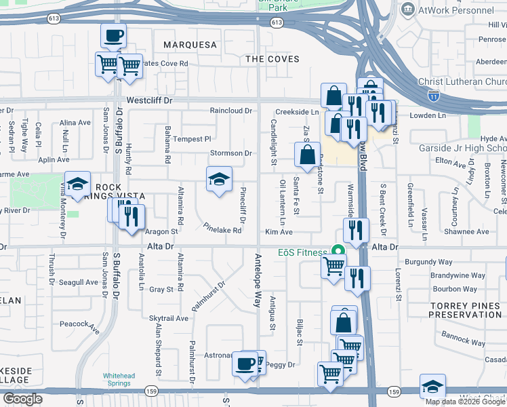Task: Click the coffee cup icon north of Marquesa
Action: click(x=114, y=35)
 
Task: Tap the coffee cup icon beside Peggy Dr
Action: click(x=245, y=364)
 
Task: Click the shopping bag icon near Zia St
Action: click(x=307, y=154)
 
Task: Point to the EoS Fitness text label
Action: click(x=302, y=252)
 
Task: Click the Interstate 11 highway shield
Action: click(x=432, y=98)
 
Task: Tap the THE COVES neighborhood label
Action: click(x=272, y=59)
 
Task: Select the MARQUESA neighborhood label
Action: click(x=190, y=45)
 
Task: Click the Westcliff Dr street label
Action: click(x=150, y=100)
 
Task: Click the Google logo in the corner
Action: click(x=22, y=399)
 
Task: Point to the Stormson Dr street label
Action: click(x=230, y=153)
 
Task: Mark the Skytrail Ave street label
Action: click(x=168, y=317)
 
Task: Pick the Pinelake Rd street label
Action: click(x=222, y=229)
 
